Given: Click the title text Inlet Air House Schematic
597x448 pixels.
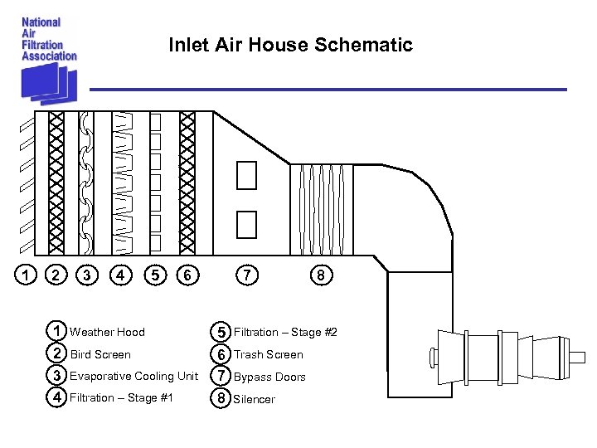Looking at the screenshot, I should click(290, 45).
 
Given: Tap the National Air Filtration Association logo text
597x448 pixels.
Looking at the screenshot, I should click(49, 39).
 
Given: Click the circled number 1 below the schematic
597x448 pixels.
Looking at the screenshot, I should click(28, 273).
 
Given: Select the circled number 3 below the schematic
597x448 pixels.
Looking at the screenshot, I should click(86, 273).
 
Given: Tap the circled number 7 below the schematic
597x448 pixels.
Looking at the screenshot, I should click(245, 273).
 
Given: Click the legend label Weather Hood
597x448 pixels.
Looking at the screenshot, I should click(107, 333).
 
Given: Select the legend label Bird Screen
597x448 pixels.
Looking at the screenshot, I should click(100, 355).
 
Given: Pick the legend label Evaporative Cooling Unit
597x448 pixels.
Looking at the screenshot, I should click(133, 377).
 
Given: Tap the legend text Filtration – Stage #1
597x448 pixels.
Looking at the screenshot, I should click(121, 398).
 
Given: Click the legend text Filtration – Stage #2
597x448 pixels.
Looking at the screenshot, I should click(285, 333).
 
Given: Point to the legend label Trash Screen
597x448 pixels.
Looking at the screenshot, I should click(269, 355).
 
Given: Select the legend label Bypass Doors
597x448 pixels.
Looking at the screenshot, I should click(269, 377).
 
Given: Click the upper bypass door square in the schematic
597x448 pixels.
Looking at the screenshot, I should click(246, 175).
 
